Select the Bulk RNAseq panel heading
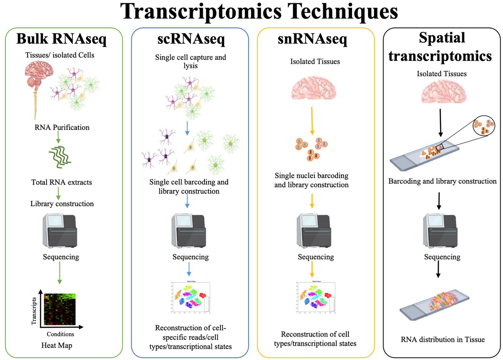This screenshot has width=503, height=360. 62,40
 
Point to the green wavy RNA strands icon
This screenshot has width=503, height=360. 60,155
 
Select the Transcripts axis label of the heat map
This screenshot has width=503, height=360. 34,310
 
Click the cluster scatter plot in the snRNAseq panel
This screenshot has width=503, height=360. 312,298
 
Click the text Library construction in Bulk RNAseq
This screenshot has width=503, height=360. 62,204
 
